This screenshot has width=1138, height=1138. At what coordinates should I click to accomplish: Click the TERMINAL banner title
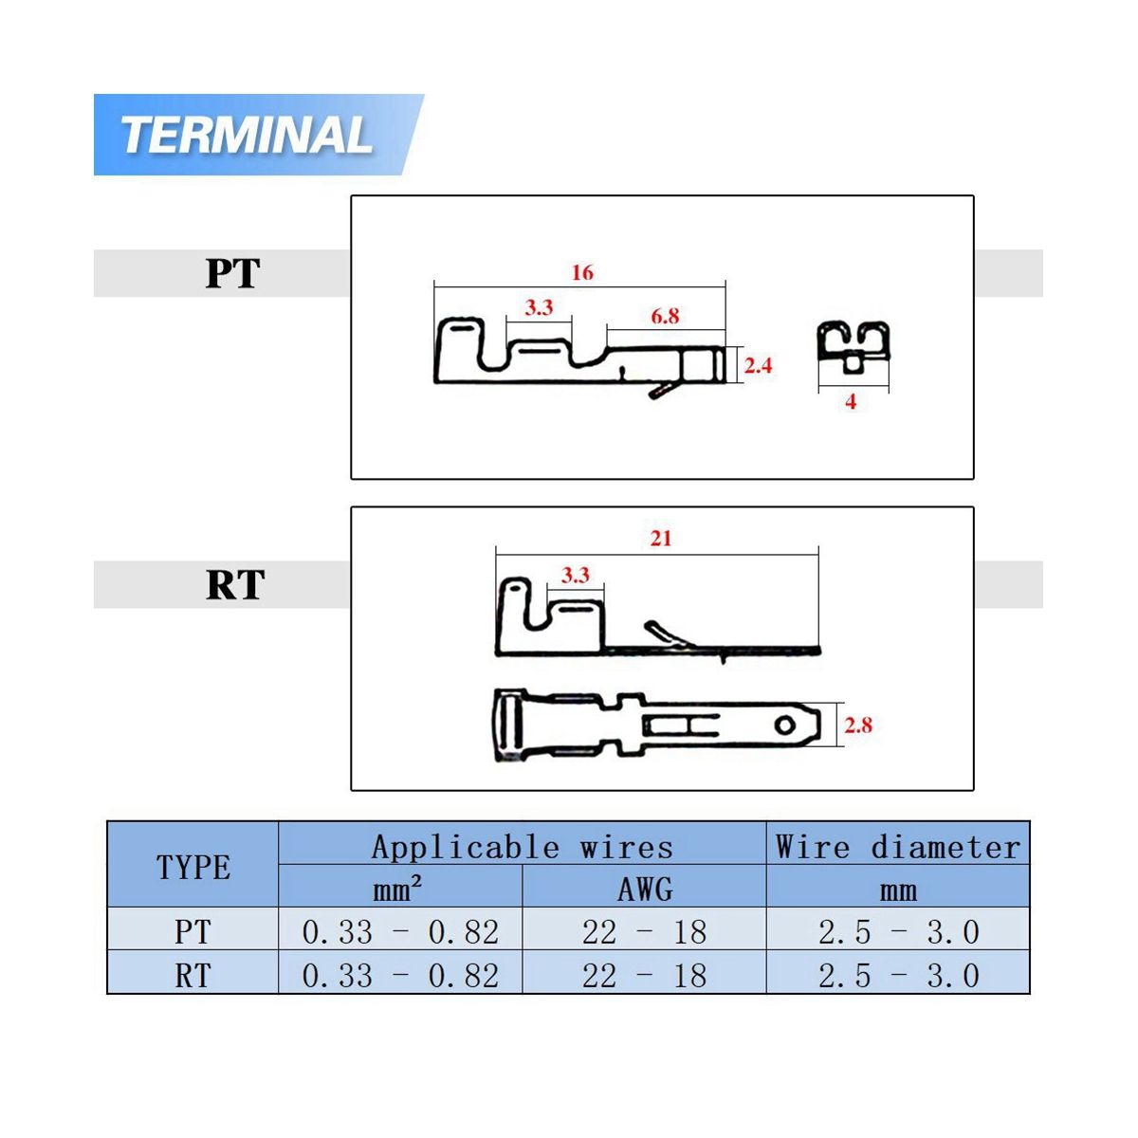247,136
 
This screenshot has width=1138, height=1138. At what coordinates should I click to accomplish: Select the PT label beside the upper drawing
232,273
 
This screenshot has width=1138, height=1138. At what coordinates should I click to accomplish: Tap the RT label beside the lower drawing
235,585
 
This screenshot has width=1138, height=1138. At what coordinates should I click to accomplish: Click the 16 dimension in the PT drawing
581,272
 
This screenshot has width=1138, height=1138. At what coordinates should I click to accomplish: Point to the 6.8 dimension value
665,316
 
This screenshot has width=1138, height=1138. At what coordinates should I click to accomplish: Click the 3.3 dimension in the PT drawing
539,307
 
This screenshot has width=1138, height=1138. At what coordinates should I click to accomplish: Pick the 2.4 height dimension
758,365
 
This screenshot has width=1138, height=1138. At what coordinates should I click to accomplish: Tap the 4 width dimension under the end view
851,401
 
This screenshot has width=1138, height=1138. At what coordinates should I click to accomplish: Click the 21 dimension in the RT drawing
661,538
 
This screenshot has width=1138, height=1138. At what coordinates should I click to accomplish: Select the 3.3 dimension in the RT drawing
576,575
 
